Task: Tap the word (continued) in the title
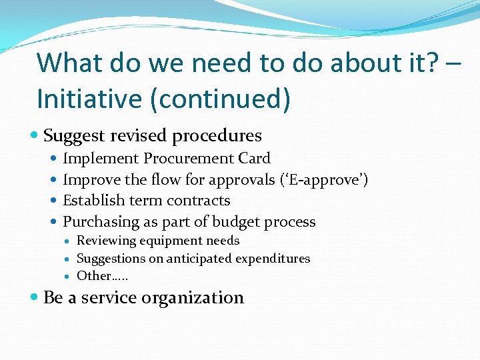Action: coord(220,99)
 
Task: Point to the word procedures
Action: coord(217,136)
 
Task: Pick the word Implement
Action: coord(101,159)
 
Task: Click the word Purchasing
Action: coord(97,222)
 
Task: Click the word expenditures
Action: coord(275,259)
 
